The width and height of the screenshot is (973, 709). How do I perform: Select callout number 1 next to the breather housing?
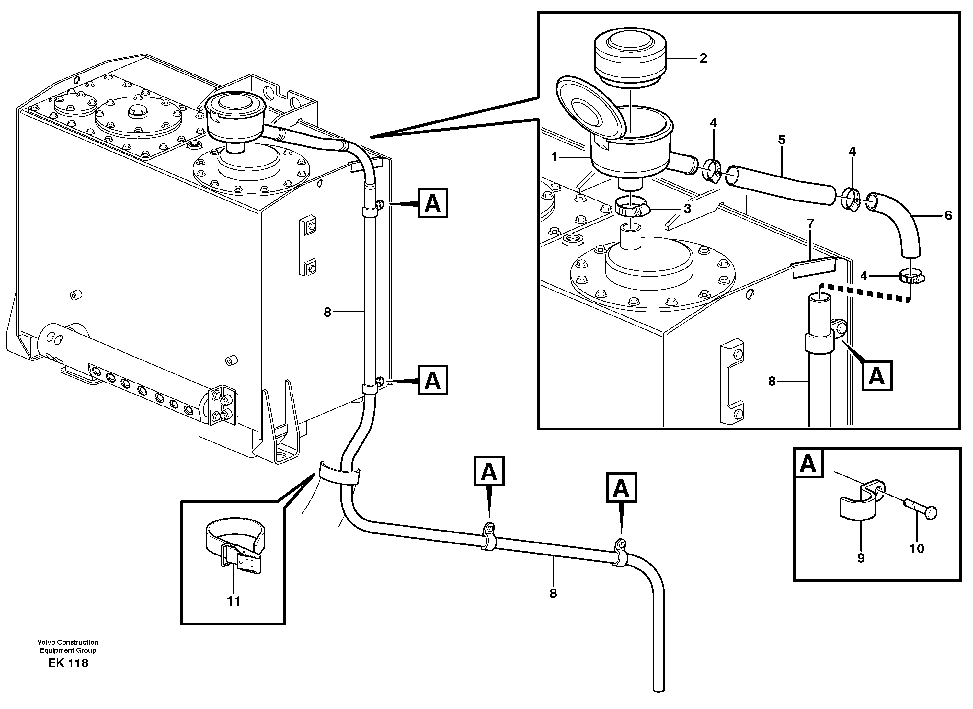(x=554, y=157)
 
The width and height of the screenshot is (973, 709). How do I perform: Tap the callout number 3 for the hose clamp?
(x=687, y=209)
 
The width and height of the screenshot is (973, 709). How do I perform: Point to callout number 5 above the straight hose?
(x=781, y=140)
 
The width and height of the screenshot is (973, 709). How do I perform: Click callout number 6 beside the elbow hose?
(x=948, y=215)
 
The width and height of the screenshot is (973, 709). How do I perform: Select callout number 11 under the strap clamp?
(x=234, y=601)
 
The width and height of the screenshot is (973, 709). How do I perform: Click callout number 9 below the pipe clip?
(x=861, y=558)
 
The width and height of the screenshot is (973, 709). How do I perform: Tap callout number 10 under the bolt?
(x=917, y=548)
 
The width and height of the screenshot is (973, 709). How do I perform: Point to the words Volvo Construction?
(x=68, y=642)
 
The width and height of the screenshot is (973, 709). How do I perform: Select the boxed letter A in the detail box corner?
(x=808, y=464)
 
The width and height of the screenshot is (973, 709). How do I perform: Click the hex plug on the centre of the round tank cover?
(x=138, y=112)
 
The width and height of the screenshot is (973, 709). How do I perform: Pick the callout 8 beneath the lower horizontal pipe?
(x=553, y=594)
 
